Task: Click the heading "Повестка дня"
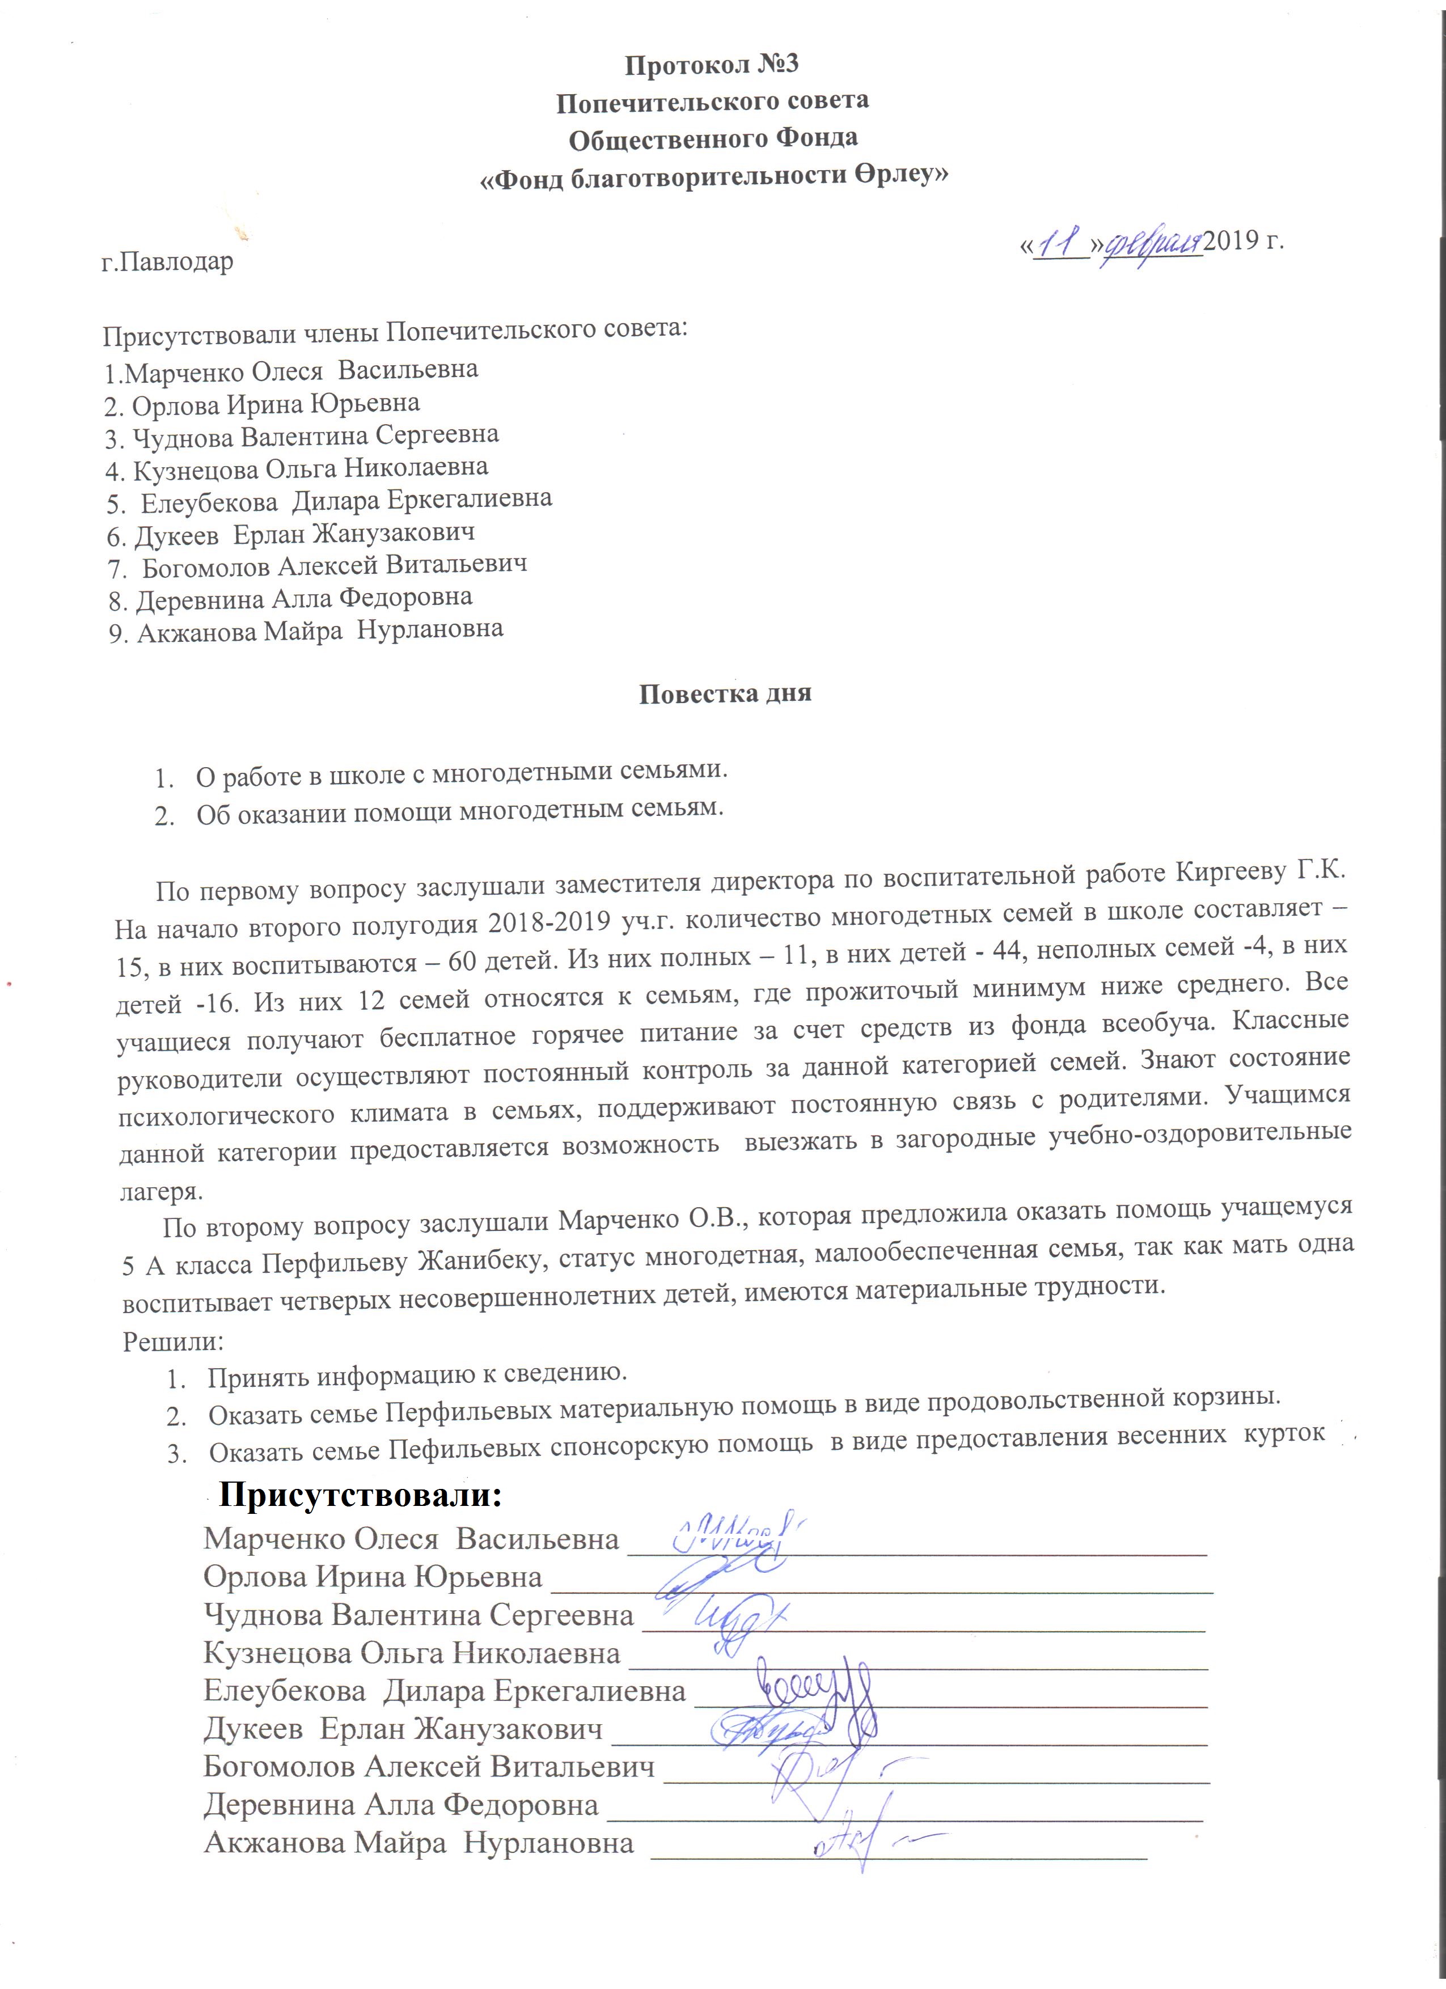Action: (x=725, y=693)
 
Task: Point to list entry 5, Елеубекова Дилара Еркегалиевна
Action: (x=329, y=501)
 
